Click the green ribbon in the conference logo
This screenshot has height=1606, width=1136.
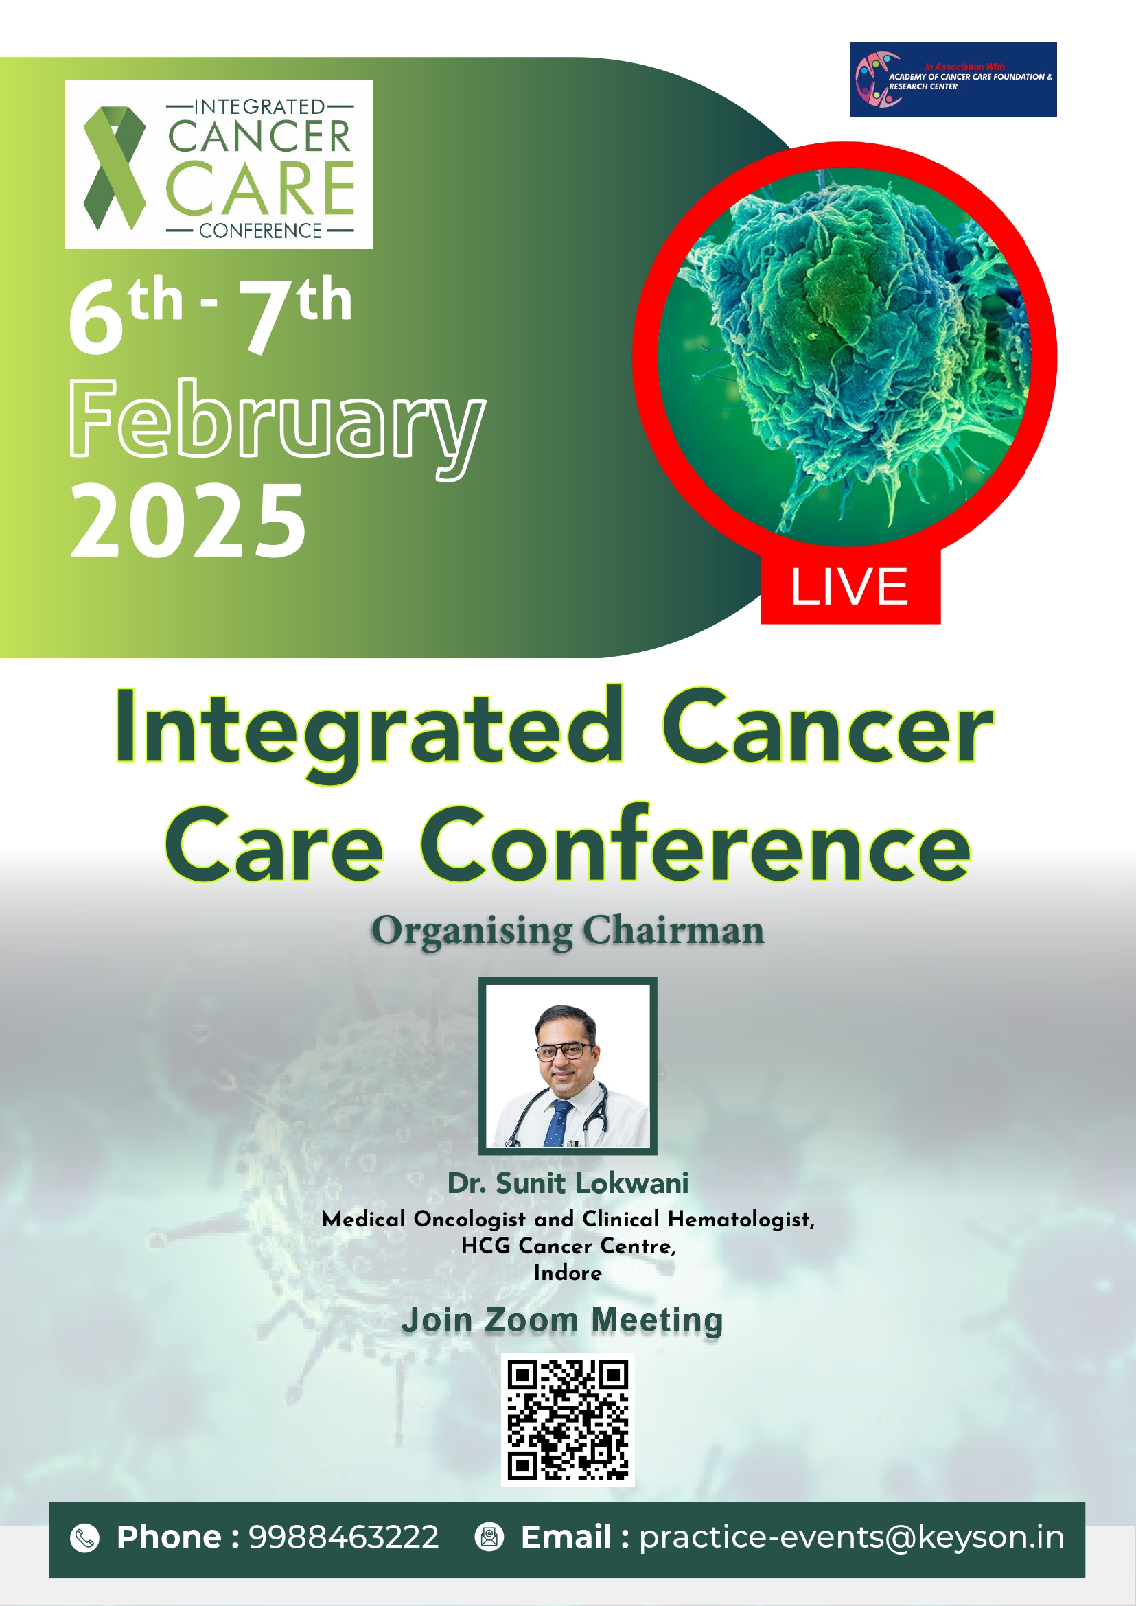pyautogui.click(x=114, y=168)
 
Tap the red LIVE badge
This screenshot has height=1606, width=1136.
pyautogui.click(x=850, y=585)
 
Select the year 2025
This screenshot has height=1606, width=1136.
pyautogui.click(x=187, y=521)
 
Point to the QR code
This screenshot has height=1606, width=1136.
pyautogui.click(x=568, y=1420)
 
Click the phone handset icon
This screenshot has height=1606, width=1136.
pyautogui.click(x=85, y=1538)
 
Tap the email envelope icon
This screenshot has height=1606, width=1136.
pyautogui.click(x=489, y=1537)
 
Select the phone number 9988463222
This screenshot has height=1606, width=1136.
pyautogui.click(x=344, y=1537)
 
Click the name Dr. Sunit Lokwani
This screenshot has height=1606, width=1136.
pyautogui.click(x=568, y=1183)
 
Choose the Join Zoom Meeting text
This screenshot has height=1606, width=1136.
pyautogui.click(x=562, y=1320)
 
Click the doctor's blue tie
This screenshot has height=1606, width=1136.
pyautogui.click(x=557, y=1124)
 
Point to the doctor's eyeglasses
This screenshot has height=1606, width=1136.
pyautogui.click(x=564, y=1050)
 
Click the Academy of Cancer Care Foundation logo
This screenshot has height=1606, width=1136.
pyautogui.click(x=953, y=80)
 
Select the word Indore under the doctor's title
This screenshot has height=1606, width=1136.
pyautogui.click(x=568, y=1272)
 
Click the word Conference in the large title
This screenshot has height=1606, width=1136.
pyautogui.click(x=695, y=846)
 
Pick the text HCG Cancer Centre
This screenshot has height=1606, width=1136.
pyautogui.click(x=568, y=1246)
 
